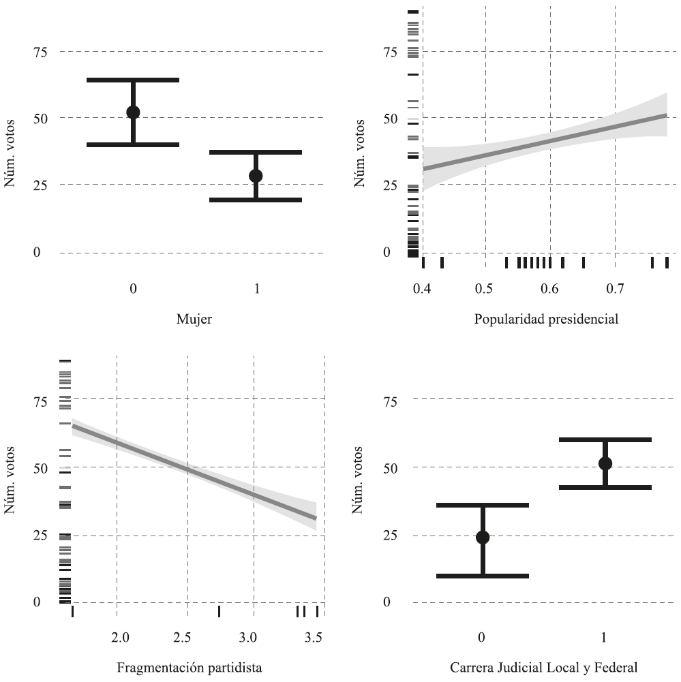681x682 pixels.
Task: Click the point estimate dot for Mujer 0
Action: pos(133,112)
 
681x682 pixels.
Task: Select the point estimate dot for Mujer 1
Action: pos(256,176)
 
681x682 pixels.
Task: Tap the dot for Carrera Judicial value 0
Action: pos(483,537)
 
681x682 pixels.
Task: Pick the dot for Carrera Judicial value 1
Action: pos(605,463)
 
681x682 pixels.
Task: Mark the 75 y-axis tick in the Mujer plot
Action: pos(40,52)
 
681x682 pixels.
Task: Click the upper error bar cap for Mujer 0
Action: pos(133,80)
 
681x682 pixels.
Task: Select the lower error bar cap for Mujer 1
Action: pos(256,200)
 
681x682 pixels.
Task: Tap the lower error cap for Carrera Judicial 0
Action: pos(483,576)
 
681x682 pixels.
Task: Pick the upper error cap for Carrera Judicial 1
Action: pos(605,439)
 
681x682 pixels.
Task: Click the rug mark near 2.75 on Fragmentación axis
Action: pos(219,611)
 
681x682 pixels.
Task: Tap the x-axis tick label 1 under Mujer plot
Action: pos(256,288)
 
